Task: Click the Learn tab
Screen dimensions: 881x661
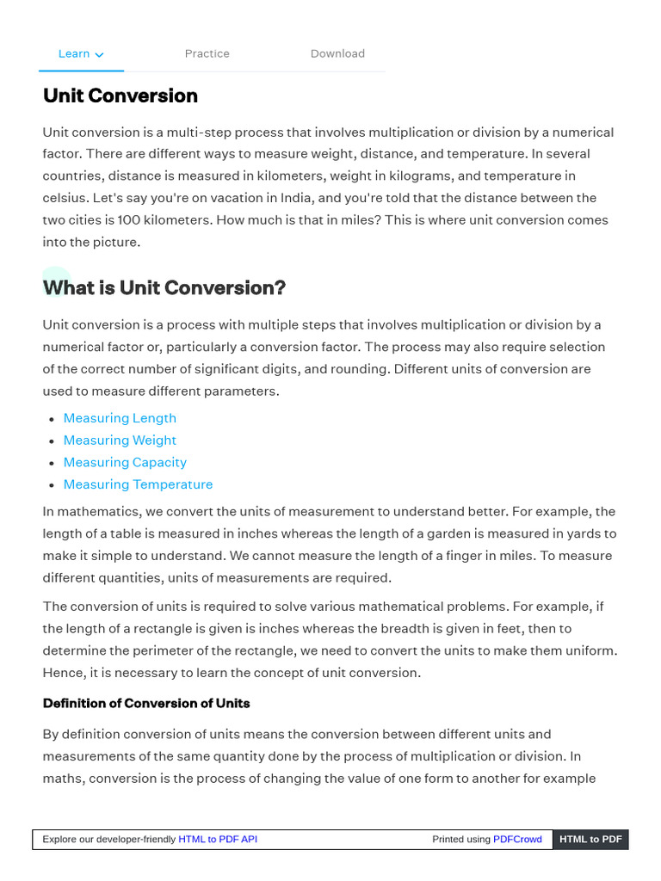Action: pyautogui.click(x=74, y=53)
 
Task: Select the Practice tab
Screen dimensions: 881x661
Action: pyautogui.click(x=207, y=53)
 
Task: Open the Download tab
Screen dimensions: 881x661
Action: pyautogui.click(x=337, y=53)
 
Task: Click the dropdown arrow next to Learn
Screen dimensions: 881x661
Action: pyautogui.click(x=100, y=54)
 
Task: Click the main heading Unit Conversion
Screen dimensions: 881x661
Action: pyautogui.click(x=120, y=95)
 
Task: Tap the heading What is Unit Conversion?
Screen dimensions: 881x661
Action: pyautogui.click(x=164, y=287)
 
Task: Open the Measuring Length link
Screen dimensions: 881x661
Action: pyautogui.click(x=120, y=418)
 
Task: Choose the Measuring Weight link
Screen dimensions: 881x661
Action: pyautogui.click(x=120, y=440)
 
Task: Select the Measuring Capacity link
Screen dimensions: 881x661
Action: pyautogui.click(x=125, y=463)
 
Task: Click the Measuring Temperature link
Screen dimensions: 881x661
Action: pyautogui.click(x=138, y=484)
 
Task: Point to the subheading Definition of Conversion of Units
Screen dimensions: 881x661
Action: pyautogui.click(x=146, y=703)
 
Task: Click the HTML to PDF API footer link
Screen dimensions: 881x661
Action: pyautogui.click(x=218, y=839)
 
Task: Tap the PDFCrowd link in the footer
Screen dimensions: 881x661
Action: pyautogui.click(x=517, y=839)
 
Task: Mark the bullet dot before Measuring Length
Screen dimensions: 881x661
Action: pyautogui.click(x=52, y=419)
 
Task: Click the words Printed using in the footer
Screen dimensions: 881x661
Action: pyautogui.click(x=460, y=839)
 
